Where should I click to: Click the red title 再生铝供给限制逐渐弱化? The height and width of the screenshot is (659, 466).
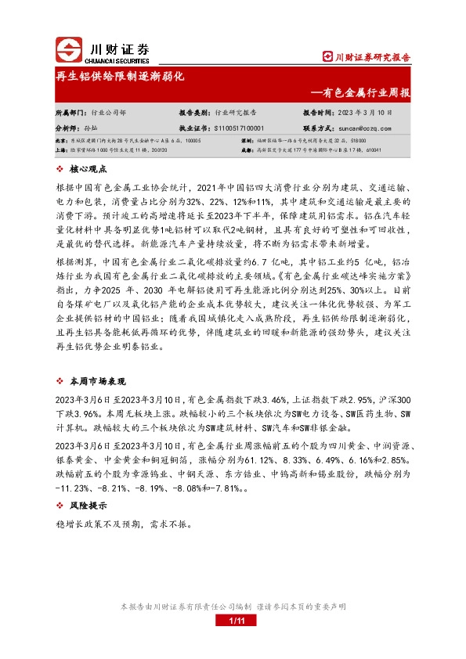[x=119, y=77]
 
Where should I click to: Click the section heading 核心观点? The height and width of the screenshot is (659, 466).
[x=87, y=167]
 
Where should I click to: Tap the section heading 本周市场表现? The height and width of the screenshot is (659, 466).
[x=97, y=380]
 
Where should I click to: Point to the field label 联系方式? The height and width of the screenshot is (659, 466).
[x=319, y=126]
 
